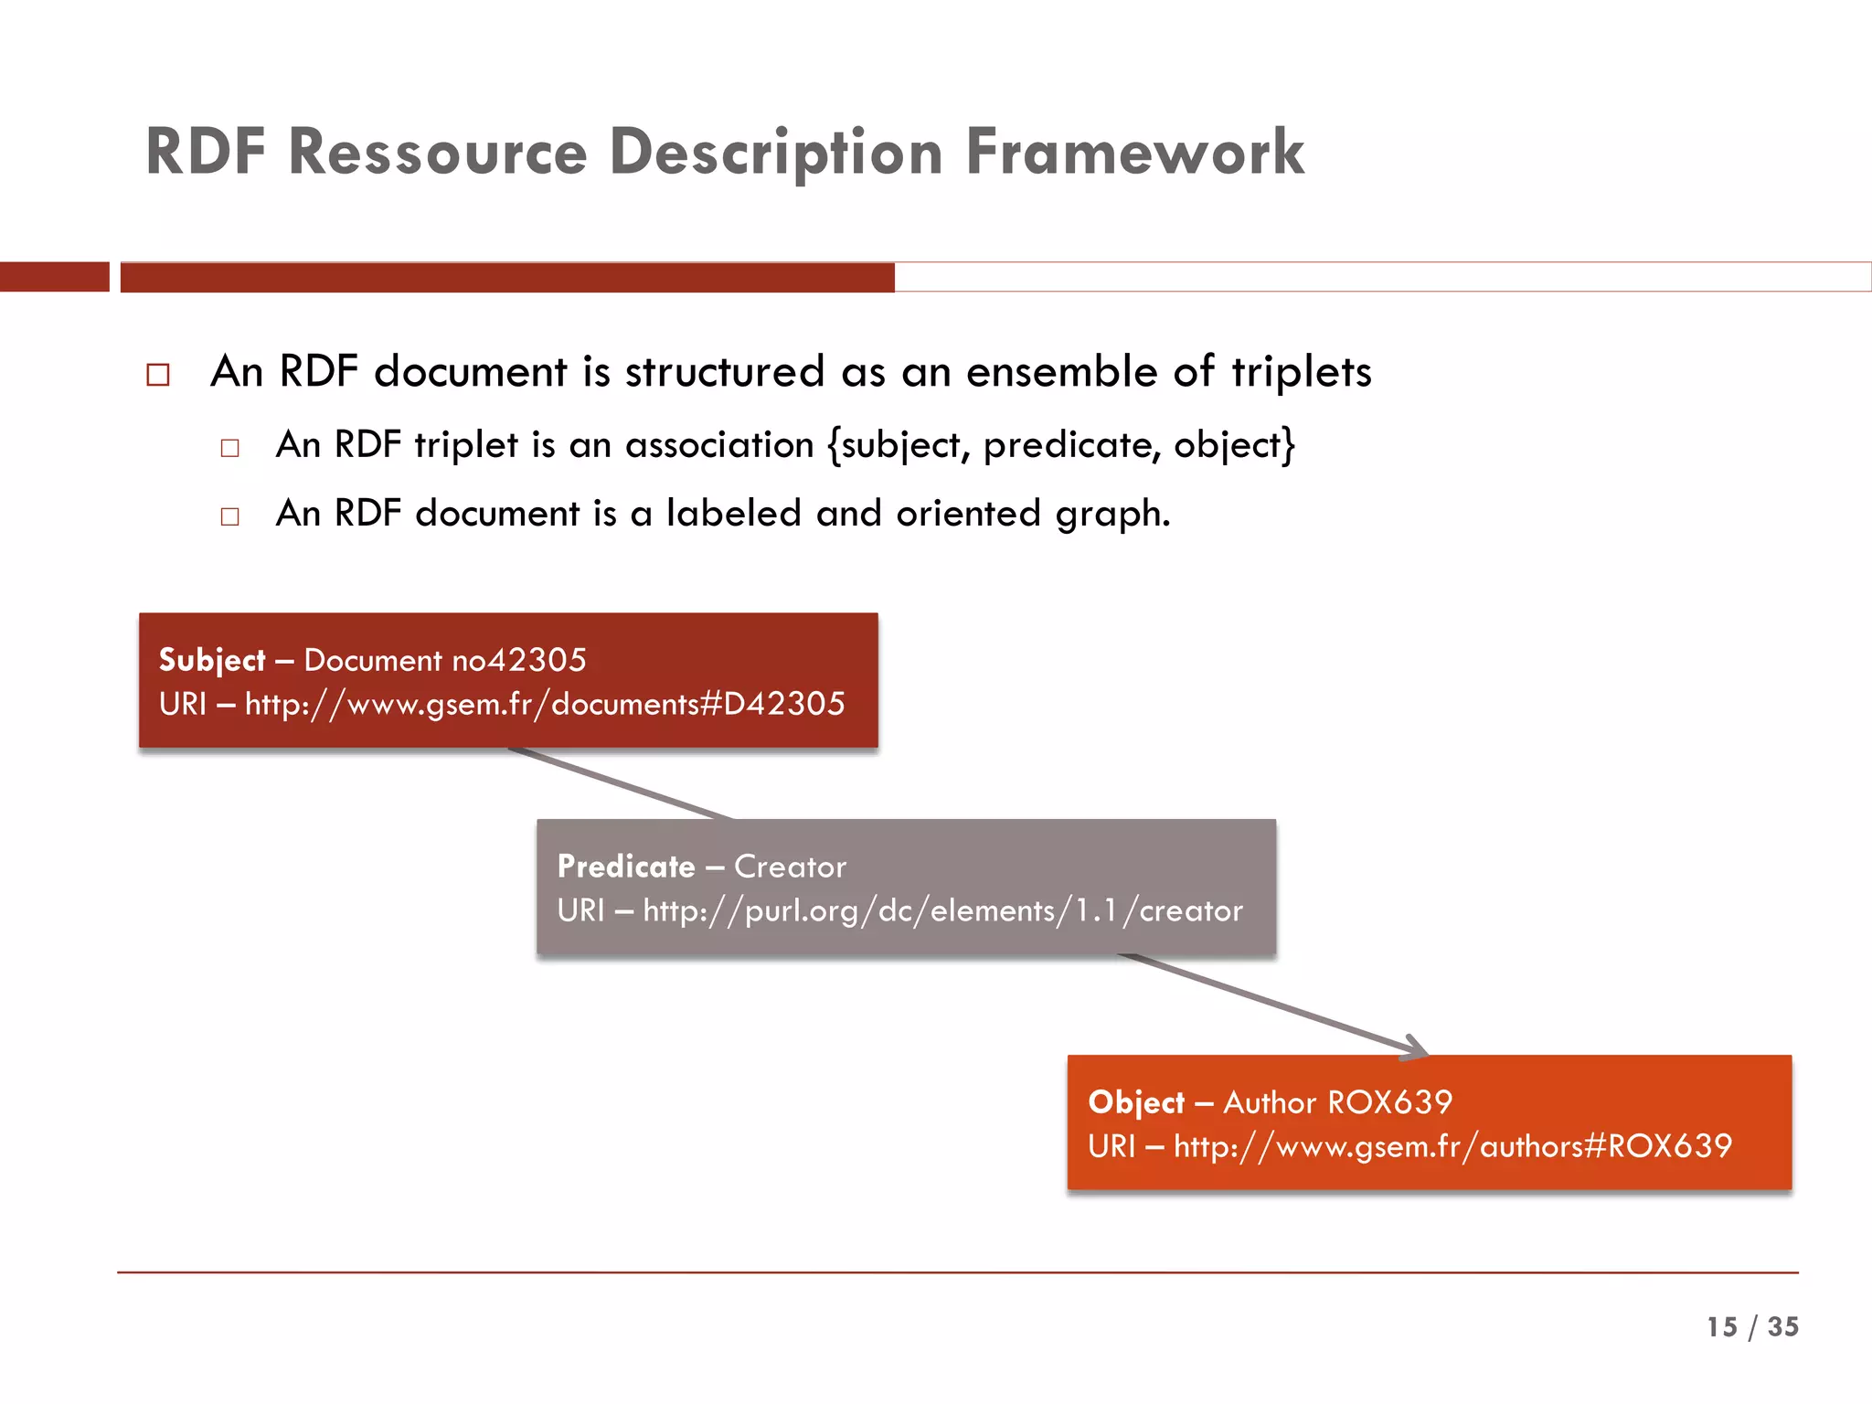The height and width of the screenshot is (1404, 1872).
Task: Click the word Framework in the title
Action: (1134, 152)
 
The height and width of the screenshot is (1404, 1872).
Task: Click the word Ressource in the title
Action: (437, 152)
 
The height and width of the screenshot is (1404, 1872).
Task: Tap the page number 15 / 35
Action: (1751, 1326)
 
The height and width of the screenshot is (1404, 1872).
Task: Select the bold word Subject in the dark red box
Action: (212, 660)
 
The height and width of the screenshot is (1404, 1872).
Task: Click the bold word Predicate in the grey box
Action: (626, 867)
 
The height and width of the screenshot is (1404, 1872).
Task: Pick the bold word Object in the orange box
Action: (1136, 1102)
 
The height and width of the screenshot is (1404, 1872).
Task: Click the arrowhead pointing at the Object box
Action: (1415, 1049)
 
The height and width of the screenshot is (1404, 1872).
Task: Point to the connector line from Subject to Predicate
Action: (622, 783)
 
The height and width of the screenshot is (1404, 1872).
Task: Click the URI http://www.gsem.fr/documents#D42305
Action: (545, 704)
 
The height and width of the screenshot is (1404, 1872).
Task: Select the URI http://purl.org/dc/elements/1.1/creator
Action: (942, 910)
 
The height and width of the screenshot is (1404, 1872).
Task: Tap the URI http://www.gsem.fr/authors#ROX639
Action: (1452, 1146)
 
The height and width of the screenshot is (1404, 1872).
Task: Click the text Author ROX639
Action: (1337, 1102)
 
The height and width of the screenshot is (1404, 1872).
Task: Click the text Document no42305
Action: (445, 660)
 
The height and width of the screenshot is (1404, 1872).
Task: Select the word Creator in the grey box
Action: (790, 867)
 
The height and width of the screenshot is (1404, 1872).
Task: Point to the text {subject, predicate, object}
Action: (1061, 445)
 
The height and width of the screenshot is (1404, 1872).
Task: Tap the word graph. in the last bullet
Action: (1112, 514)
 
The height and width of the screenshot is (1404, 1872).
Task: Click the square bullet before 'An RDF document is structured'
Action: (158, 375)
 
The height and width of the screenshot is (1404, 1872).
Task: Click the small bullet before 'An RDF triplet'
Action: (229, 448)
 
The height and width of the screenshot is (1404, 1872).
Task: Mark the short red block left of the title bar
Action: (54, 277)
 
